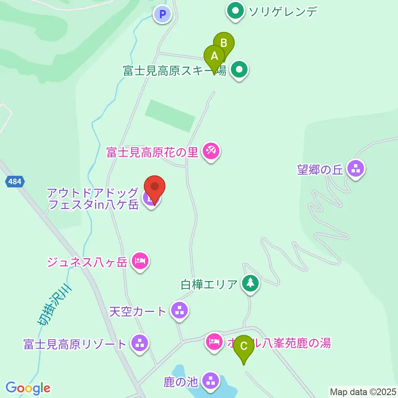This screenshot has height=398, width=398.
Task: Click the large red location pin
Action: tap(155, 188)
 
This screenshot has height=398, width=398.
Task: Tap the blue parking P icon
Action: tap(163, 15)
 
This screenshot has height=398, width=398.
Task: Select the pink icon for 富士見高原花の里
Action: tap(211, 152)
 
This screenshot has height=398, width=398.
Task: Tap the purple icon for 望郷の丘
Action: tap(356, 168)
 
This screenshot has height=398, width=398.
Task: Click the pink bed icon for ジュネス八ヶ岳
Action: tap(140, 261)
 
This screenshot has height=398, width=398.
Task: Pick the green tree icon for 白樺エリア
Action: tap(250, 284)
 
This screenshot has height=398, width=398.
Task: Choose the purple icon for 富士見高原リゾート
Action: tap(140, 344)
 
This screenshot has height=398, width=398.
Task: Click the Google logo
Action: tap(28, 388)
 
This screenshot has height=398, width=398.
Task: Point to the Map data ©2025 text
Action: tap(362, 391)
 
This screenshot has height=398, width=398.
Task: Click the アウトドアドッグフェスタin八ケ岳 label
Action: tap(93, 198)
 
